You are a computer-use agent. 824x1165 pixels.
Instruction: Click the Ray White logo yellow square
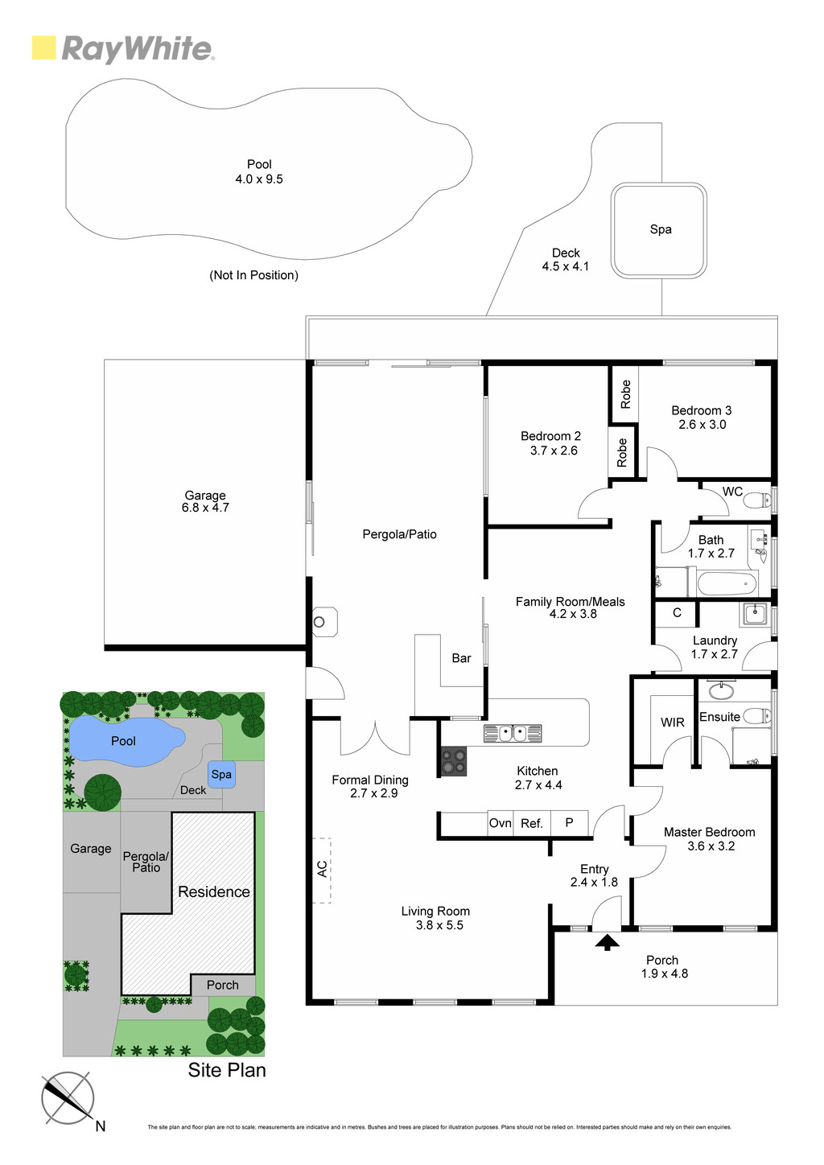click(x=43, y=47)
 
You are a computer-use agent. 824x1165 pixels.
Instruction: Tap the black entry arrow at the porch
click(x=607, y=942)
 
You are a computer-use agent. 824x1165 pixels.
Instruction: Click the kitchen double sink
click(x=513, y=733)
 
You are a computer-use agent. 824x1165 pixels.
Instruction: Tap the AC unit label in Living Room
click(x=322, y=869)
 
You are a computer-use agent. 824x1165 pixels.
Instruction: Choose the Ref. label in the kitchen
click(x=532, y=823)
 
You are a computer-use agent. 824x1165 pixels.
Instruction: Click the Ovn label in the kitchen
click(x=500, y=823)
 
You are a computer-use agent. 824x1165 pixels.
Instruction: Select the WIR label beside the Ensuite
click(x=672, y=722)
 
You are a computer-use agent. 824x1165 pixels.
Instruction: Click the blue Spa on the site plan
click(x=221, y=775)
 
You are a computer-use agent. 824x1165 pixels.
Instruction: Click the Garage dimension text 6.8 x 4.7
click(x=205, y=508)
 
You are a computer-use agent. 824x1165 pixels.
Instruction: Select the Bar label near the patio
click(x=461, y=658)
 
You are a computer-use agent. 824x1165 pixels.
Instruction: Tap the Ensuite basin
click(x=721, y=691)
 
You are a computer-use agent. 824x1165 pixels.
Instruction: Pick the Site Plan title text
click(x=227, y=1070)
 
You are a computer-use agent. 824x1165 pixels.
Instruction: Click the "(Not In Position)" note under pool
click(x=253, y=275)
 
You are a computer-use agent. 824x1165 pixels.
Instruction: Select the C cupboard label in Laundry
click(x=677, y=612)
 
